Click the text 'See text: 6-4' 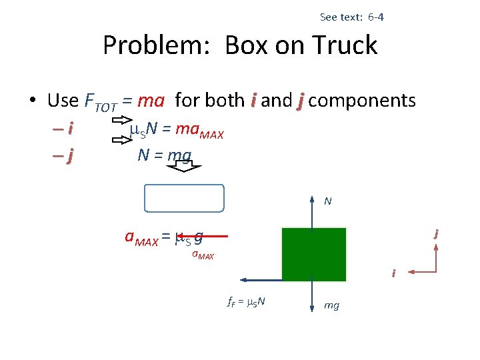[351, 17]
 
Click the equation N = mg [164, 155]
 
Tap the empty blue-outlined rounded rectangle [184, 198]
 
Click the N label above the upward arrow [328, 201]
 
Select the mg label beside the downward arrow [331, 305]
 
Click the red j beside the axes [435, 233]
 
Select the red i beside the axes [393, 273]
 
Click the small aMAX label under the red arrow [203, 254]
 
